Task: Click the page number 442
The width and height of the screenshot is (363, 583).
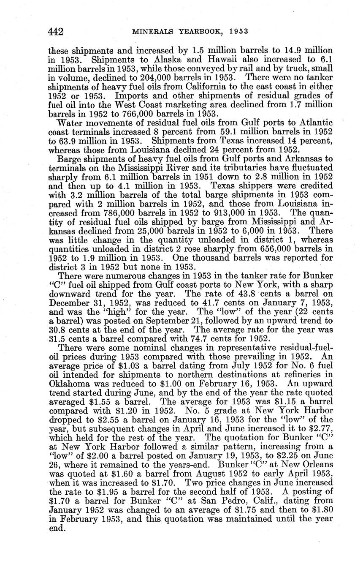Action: pyautogui.click(x=56, y=32)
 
